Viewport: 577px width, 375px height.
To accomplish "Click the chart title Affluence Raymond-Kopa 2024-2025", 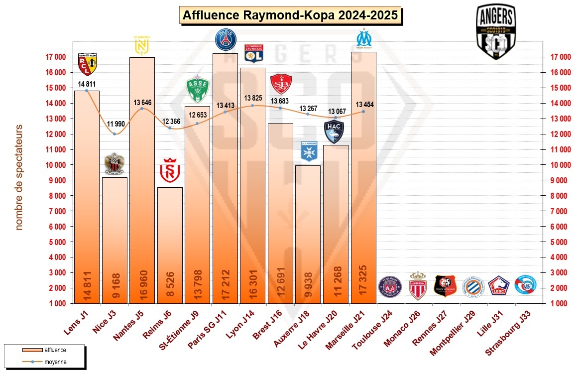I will click(290, 15).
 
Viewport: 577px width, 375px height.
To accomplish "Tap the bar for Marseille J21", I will click(363, 179).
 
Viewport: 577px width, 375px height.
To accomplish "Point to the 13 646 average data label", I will click(143, 103).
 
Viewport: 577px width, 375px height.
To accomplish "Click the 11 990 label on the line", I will click(115, 123).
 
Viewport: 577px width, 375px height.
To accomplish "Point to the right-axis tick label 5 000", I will click(558, 242).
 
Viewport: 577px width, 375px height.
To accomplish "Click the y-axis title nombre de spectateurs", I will click(19, 177).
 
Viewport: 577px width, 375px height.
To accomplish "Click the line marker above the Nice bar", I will click(115, 134).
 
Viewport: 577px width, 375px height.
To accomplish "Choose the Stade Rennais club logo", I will click(445, 286).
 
